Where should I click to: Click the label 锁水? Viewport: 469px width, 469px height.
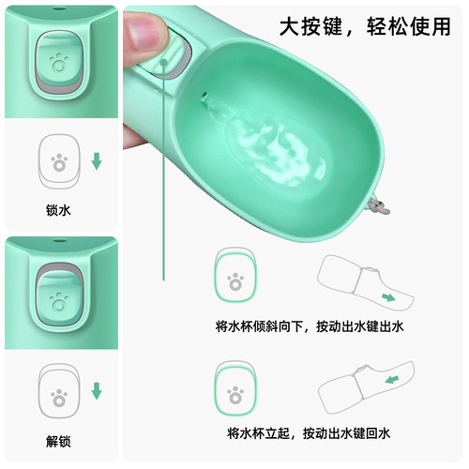point(58,211)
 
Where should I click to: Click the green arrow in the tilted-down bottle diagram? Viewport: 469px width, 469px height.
point(387,299)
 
